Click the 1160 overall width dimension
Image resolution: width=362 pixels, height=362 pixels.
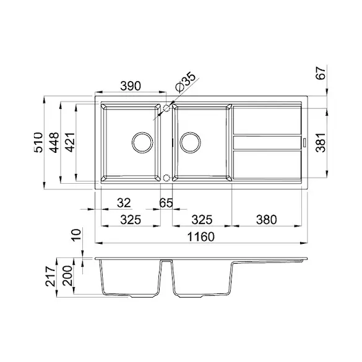(x=201, y=237)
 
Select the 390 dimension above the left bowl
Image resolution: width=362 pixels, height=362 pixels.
(x=131, y=86)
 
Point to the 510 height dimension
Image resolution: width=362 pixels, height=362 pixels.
(x=38, y=142)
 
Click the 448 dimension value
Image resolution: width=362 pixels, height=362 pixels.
(x=54, y=142)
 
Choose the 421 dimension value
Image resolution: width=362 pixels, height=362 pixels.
(x=70, y=142)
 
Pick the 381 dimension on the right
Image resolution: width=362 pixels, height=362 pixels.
(x=321, y=142)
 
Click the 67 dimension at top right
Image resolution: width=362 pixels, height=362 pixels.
(x=321, y=73)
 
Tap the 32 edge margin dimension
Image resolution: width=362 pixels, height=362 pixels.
(x=124, y=203)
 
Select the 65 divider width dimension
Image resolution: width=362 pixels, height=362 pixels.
(x=166, y=203)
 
